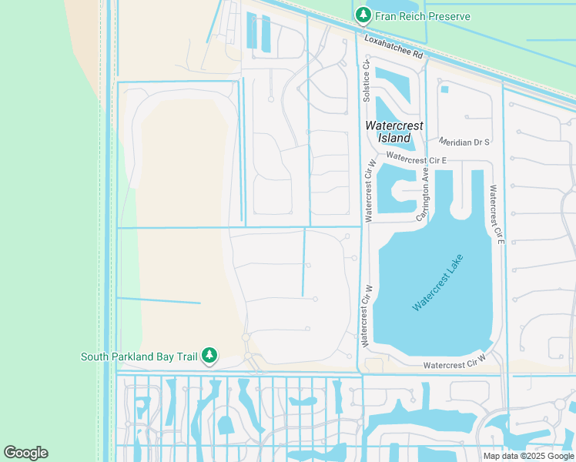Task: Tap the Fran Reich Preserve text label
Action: coord(423,16)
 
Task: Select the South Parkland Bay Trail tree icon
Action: coord(209,356)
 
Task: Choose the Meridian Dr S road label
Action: coord(464,142)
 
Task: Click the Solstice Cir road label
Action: coord(367,82)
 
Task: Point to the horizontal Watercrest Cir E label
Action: coord(417,159)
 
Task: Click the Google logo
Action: coord(25,453)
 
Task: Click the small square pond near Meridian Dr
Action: coord(444,89)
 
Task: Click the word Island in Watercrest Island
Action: coord(394,138)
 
